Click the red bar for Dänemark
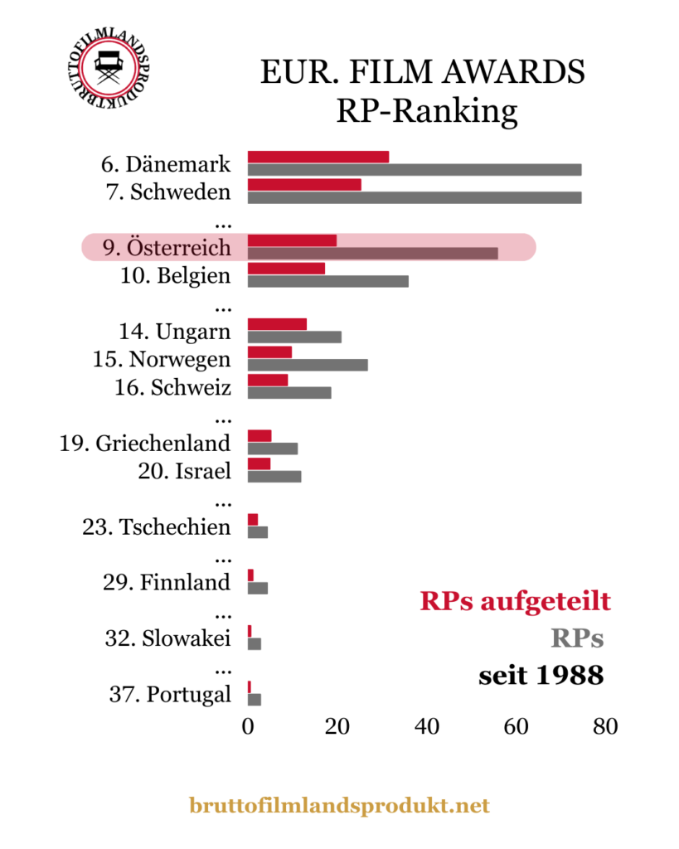coord(318,157)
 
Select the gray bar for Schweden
coord(415,197)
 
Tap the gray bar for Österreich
coord(373,253)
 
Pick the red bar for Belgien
coord(286,269)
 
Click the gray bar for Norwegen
coord(308,365)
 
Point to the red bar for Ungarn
coord(277,323)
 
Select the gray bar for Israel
coord(274,476)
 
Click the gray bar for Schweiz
coord(289,392)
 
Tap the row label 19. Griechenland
coord(145,443)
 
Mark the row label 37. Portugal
coord(170,694)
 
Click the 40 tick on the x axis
coord(427,726)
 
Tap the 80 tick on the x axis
coord(606,726)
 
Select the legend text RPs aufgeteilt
coord(515,601)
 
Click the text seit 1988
coord(541,676)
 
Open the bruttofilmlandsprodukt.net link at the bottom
coord(339,805)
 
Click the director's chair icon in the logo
coord(107,65)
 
